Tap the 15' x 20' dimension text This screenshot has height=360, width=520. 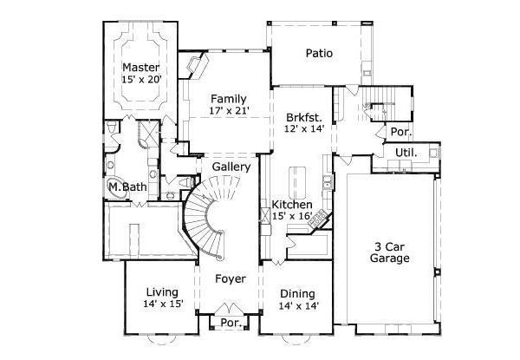(x=141, y=80)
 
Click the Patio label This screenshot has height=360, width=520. (x=319, y=53)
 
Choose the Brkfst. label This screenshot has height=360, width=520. (x=304, y=116)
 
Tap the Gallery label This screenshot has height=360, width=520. (x=231, y=167)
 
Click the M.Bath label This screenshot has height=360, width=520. (x=125, y=187)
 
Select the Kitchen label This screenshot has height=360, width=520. (x=292, y=204)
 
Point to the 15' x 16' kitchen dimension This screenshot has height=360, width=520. (x=292, y=216)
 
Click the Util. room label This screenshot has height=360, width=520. (x=406, y=152)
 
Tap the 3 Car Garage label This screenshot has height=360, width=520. (x=389, y=252)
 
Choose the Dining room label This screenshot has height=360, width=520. (x=298, y=293)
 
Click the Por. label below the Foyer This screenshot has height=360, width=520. (x=231, y=322)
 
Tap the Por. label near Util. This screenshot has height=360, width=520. (x=400, y=133)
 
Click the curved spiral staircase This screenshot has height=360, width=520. (x=208, y=217)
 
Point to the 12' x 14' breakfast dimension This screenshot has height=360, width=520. (x=304, y=128)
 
